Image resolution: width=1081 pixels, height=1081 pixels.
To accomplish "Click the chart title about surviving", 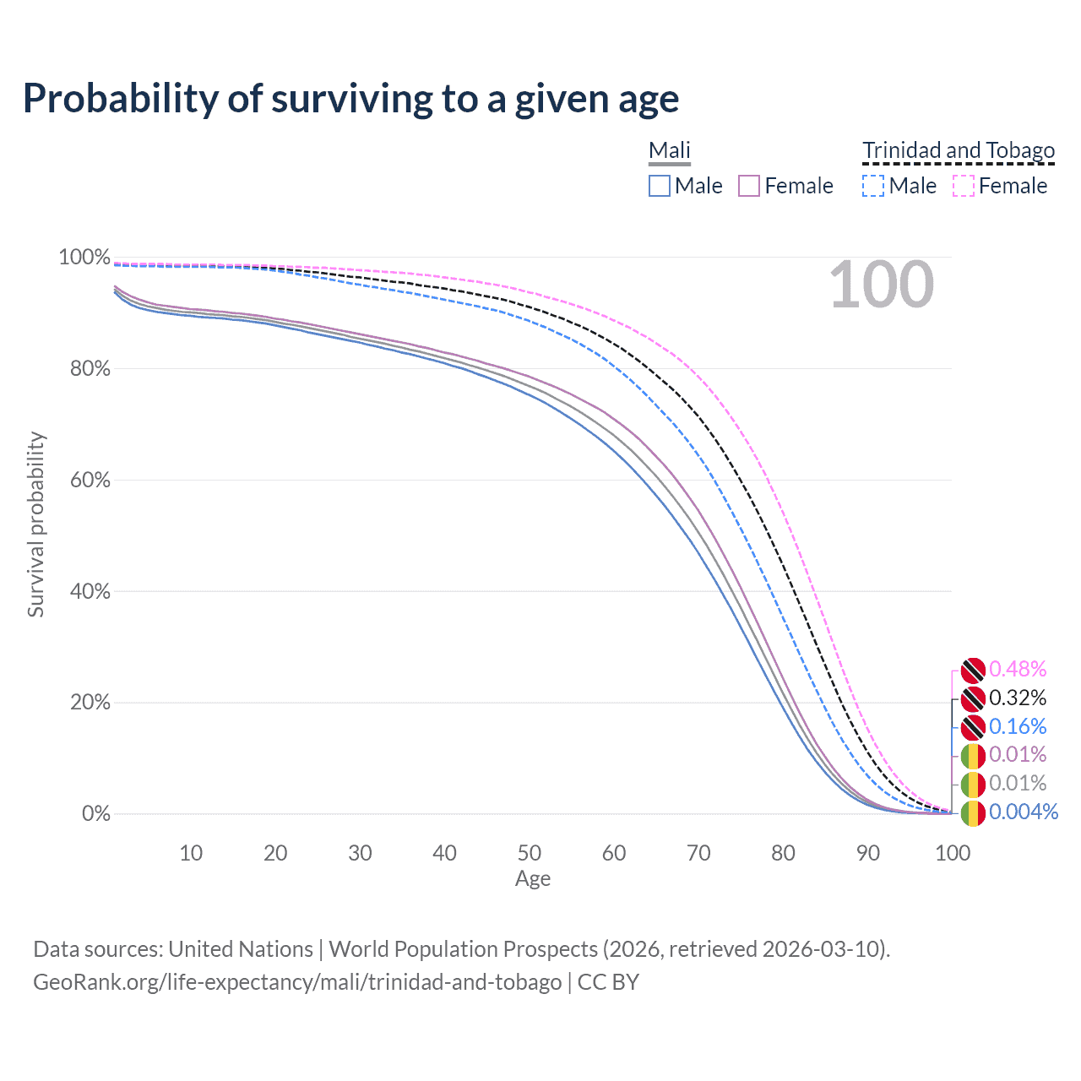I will (350, 99).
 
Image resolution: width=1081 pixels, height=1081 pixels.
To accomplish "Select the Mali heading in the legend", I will (669, 150).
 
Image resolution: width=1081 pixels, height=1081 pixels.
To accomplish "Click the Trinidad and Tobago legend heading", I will (959, 150).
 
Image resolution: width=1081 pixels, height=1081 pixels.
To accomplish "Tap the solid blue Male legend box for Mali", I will (660, 186).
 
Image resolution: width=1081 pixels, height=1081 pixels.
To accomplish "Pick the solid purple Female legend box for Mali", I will (749, 186).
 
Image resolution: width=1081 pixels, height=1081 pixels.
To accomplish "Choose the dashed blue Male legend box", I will (873, 186).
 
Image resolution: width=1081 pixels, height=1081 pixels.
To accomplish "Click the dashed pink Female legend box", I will (964, 186).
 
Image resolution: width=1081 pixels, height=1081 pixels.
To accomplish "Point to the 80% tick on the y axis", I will (84, 368).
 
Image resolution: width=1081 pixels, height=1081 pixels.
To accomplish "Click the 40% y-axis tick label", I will (84, 591).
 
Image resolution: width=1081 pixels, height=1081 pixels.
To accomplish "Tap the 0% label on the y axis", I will (95, 813).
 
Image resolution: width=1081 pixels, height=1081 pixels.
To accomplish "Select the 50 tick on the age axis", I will (530, 853).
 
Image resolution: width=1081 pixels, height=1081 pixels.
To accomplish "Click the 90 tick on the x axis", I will (868, 853).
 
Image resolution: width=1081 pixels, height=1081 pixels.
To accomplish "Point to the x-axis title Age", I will (533, 879).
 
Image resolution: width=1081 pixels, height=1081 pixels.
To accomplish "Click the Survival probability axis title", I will (35, 524).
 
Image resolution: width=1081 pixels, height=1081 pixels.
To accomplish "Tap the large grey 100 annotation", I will (881, 285).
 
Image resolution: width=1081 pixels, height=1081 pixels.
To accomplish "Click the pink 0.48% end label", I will (1018, 669).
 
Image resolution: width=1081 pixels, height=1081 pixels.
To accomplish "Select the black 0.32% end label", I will (1018, 698).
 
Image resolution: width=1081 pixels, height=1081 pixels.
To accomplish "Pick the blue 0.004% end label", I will (1023, 812).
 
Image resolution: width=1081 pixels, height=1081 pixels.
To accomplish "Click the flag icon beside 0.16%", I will (973, 726).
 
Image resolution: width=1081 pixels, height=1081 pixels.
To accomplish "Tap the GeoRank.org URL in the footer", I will (297, 982).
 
